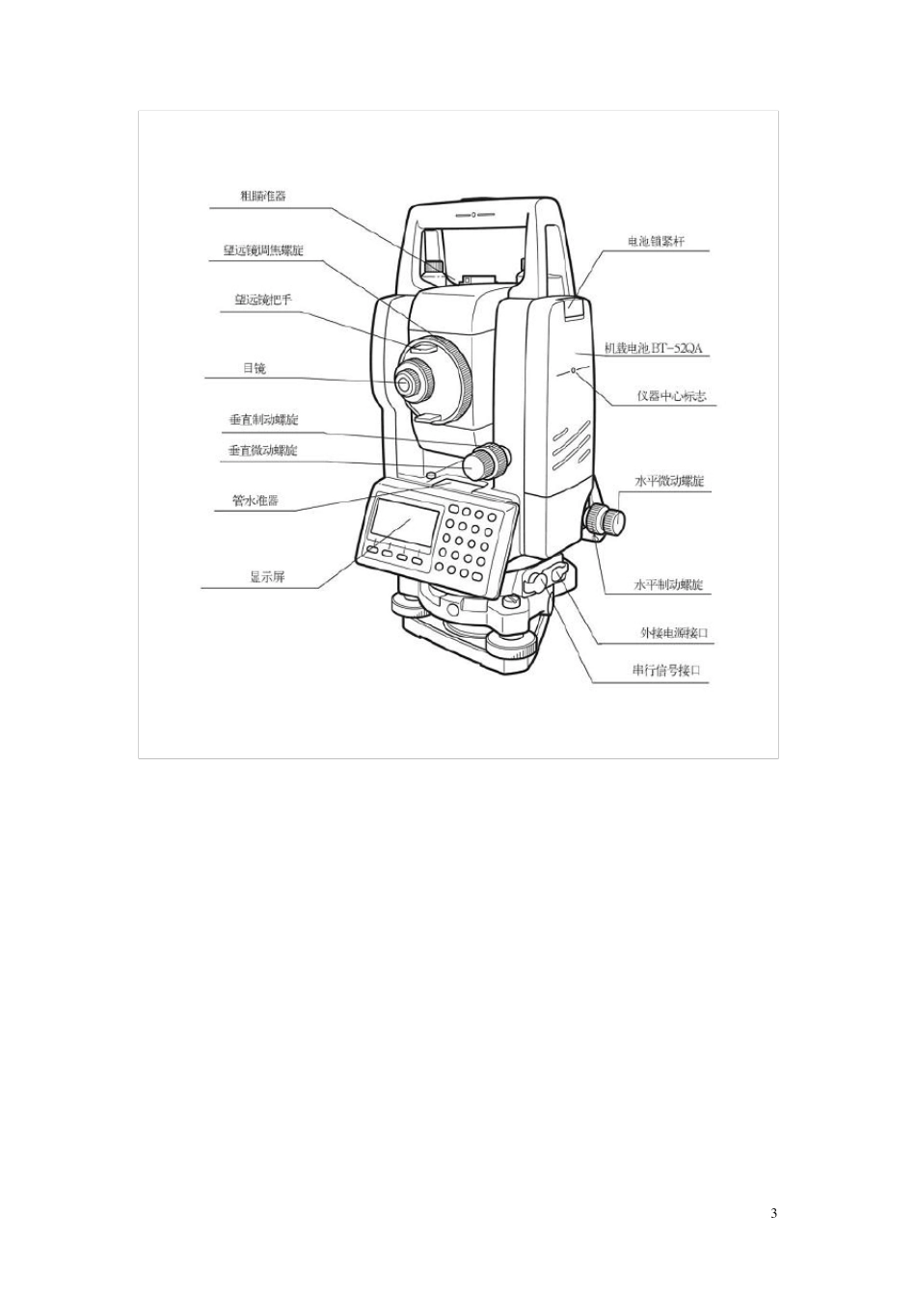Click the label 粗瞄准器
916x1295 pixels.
pos(263,197)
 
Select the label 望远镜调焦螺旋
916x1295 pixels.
pos(263,251)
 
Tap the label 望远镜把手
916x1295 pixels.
pos(263,300)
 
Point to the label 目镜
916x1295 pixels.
pos(254,368)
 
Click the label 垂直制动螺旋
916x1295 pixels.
pos(263,420)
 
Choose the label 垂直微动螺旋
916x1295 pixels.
pos(263,450)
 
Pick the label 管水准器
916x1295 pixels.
pos(256,501)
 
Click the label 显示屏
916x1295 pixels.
pos(267,577)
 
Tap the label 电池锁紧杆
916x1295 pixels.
pos(656,242)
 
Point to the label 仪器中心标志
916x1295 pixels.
pos(671,396)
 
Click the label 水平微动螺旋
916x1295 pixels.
pos(669,481)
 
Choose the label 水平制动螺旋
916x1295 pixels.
pos(668,585)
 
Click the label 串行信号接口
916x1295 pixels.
pos(664,672)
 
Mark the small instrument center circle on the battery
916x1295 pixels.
pos(574,369)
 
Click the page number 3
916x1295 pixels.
pos(773,1213)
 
